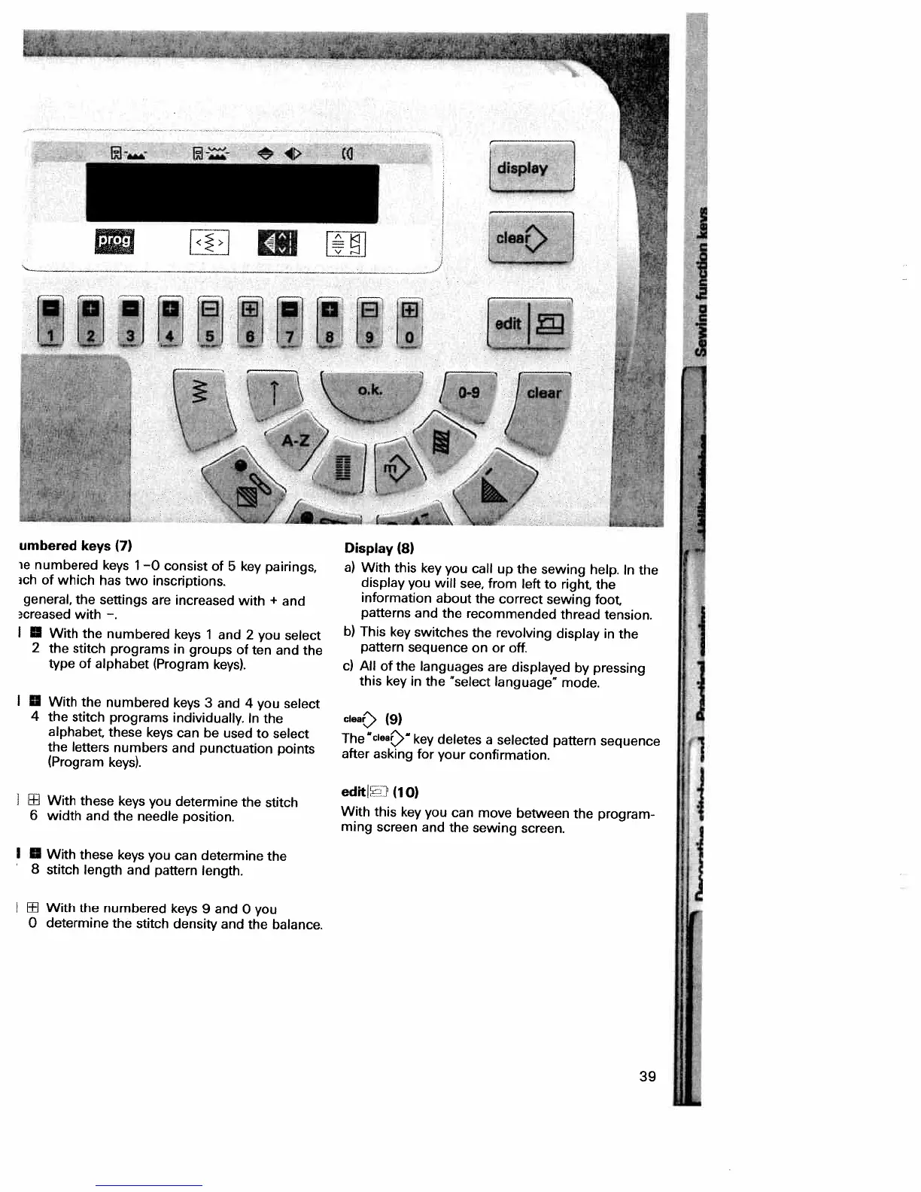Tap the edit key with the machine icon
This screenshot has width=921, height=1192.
[x=530, y=323]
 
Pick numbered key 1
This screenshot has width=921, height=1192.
[x=52, y=336]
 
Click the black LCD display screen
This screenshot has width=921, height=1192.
[x=232, y=193]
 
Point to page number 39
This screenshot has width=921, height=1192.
[x=647, y=1076]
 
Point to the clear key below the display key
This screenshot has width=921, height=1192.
[x=530, y=238]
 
